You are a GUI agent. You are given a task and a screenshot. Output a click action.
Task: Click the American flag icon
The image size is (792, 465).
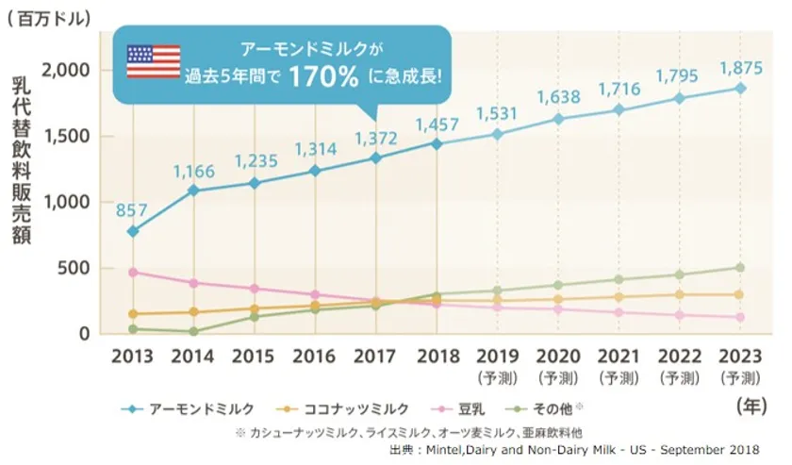click(x=153, y=60)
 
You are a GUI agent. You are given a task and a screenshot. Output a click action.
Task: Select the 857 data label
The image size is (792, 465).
click(x=133, y=209)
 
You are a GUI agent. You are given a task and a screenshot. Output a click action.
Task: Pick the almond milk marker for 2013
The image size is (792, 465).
click(x=133, y=231)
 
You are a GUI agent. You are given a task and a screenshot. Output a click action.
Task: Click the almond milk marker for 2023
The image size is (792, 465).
click(x=740, y=88)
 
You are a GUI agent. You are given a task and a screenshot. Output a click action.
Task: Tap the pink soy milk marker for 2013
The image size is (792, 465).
click(x=133, y=272)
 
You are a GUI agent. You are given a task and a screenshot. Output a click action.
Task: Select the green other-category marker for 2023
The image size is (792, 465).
click(x=740, y=268)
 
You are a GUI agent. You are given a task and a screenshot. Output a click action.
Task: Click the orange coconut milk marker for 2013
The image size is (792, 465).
click(x=133, y=313)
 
